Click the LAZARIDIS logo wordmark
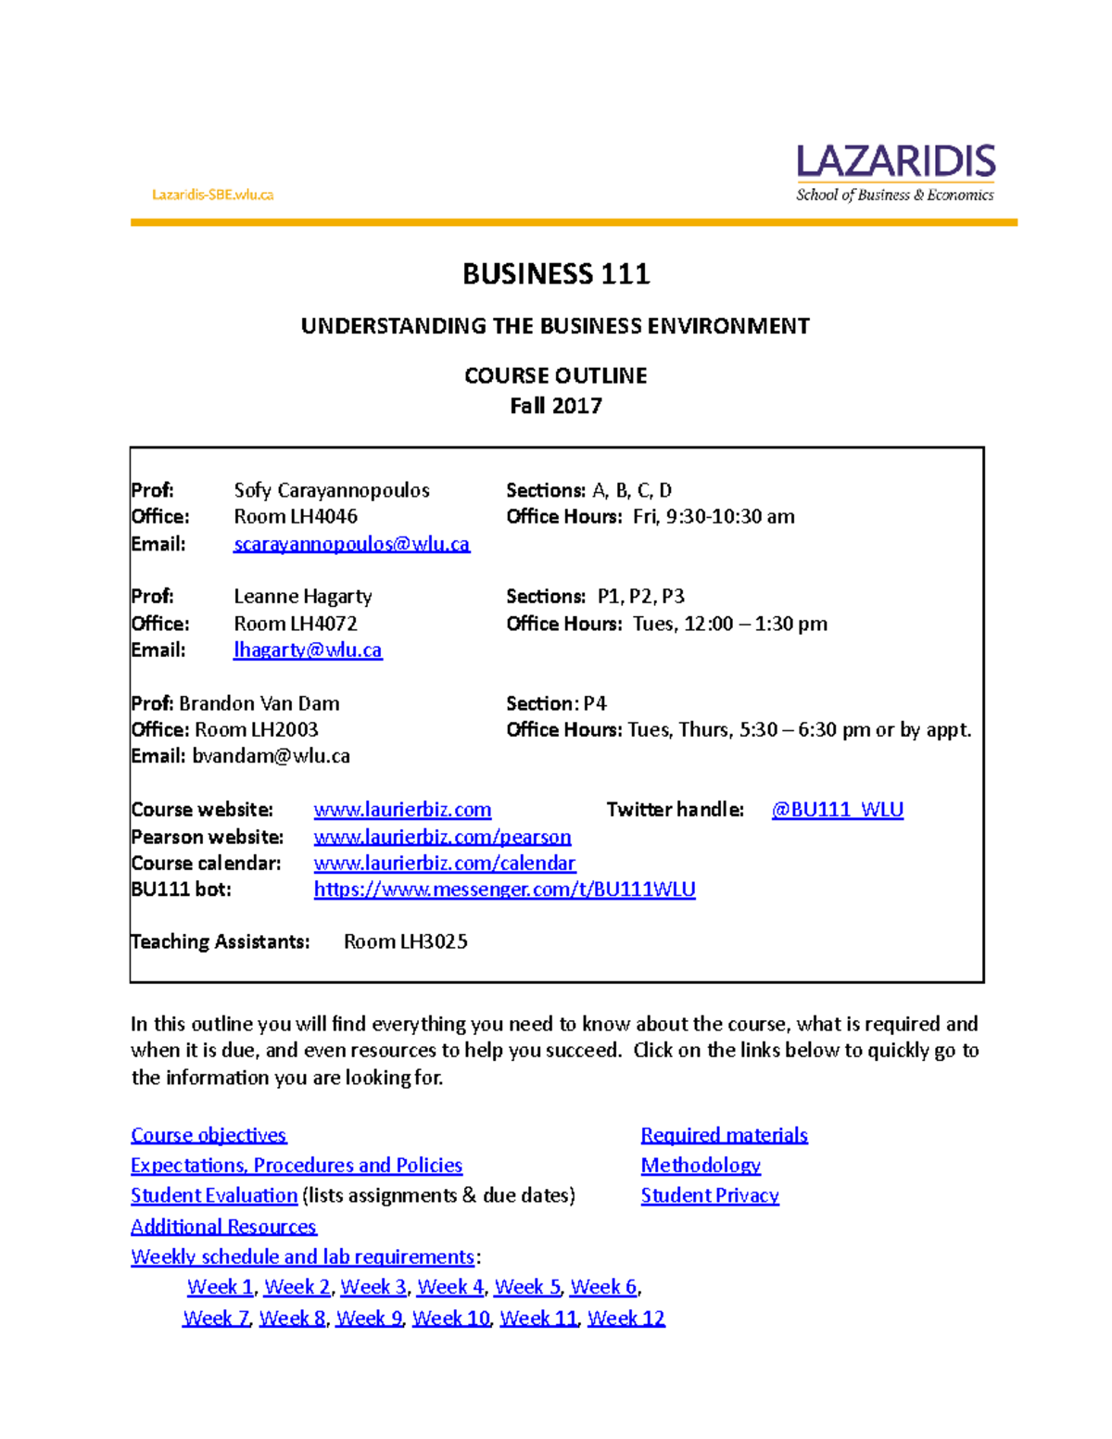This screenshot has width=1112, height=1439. point(895,162)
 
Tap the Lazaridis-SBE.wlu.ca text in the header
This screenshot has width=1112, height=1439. point(212,195)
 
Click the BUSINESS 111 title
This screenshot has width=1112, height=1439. point(556,274)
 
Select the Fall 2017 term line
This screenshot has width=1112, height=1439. point(556,406)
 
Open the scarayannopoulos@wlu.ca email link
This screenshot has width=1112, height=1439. point(351,544)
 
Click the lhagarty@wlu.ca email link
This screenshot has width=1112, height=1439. point(307,650)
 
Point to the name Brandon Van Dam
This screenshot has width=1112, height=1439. point(259,703)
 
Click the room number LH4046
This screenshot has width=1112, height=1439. point(323,516)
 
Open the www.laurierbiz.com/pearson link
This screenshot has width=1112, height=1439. point(442,837)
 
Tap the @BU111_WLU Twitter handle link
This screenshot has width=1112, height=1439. point(837,810)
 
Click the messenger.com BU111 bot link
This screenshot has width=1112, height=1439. point(504,890)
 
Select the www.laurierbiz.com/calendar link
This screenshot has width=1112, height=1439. point(444,864)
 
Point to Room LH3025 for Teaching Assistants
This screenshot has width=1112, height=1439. point(405,941)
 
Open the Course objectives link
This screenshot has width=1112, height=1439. point(208,1135)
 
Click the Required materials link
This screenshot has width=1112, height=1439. point(724,1135)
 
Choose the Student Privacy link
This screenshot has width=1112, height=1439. point(709,1195)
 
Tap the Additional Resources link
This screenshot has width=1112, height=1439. point(223,1227)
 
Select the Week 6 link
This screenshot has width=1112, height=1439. point(603,1287)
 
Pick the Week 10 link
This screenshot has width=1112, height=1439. point(450,1318)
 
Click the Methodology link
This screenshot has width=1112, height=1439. point(701,1166)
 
